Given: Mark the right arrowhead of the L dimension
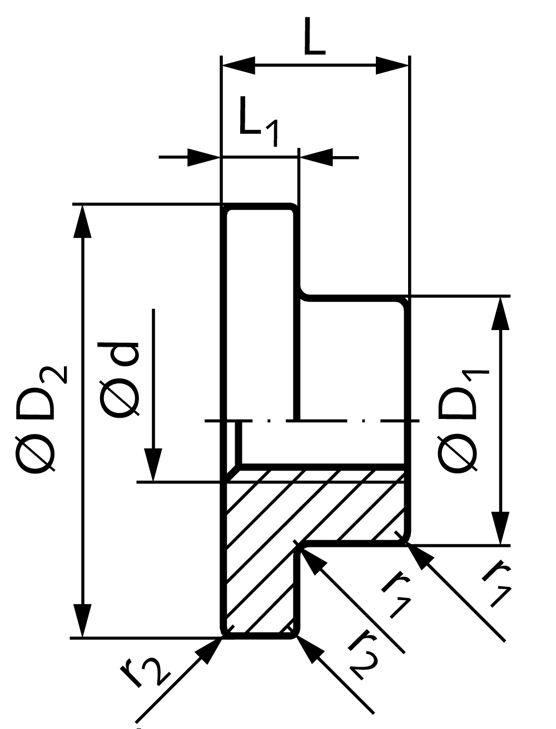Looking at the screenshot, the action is coord(392,66).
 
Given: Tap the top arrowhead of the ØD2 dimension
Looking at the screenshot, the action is coord(82,221).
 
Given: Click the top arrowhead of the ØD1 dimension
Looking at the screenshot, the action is coord(500,313).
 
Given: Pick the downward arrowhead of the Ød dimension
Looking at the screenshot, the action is coord(153,465).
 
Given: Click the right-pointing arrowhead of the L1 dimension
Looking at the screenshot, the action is coord(203,157).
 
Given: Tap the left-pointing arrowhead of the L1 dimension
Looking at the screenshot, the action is coord(316,157).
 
